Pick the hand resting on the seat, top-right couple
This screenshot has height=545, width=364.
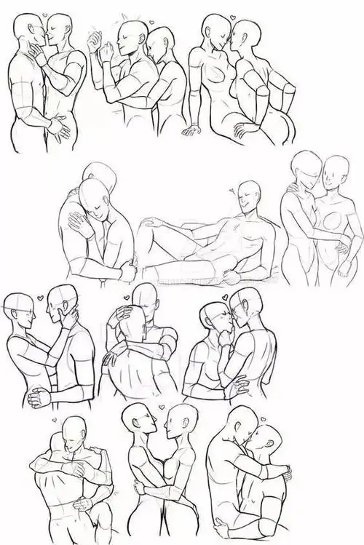pyautogui.click(x=192, y=131)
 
